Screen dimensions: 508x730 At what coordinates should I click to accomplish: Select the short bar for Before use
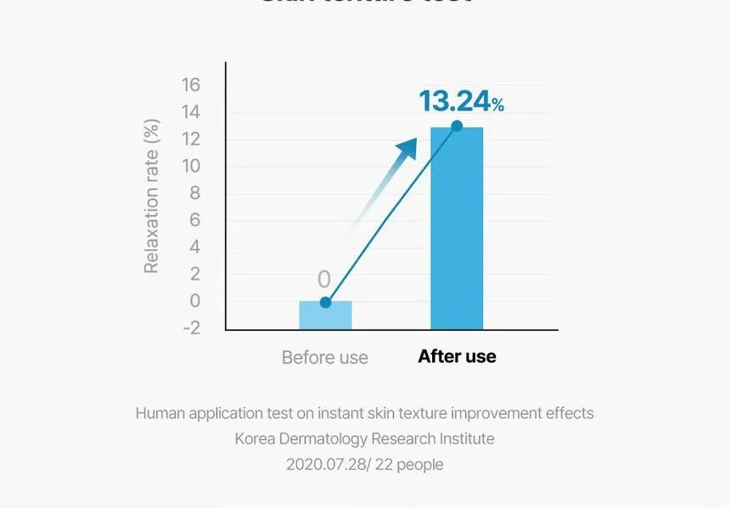[325, 315]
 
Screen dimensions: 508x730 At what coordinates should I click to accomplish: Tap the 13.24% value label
[461, 102]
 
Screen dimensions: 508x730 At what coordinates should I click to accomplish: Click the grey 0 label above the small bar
[324, 279]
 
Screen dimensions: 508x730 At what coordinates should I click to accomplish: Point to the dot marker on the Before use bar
[325, 302]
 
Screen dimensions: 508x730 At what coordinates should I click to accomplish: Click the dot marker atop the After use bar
[457, 126]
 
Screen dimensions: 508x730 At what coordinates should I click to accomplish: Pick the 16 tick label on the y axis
[190, 85]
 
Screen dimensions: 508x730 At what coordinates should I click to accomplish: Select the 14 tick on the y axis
[190, 112]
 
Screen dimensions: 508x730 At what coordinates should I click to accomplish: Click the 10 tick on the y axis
[190, 166]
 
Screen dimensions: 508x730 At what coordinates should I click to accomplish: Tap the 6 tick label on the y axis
[194, 220]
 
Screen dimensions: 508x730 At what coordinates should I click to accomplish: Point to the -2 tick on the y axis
[191, 328]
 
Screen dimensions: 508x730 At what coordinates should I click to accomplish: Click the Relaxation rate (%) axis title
[152, 196]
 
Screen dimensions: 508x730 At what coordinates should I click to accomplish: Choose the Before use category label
[325, 357]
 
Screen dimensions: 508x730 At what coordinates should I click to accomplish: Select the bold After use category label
[457, 356]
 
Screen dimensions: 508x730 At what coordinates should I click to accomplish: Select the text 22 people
[408, 465]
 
